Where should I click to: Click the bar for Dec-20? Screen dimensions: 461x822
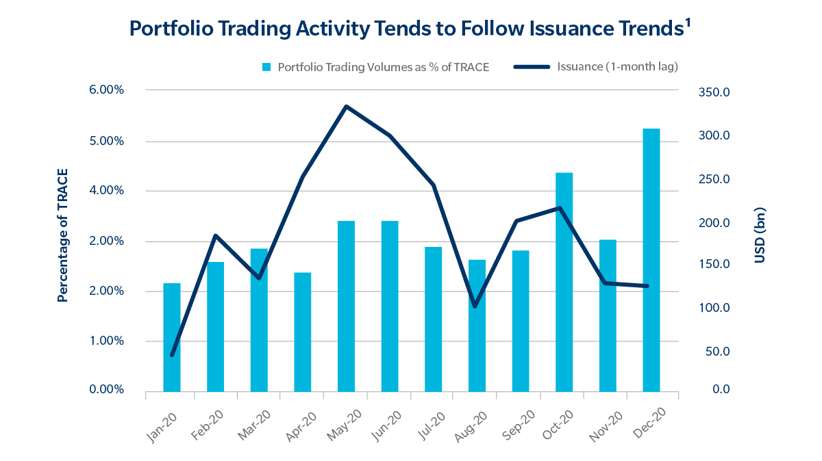pyautogui.click(x=651, y=260)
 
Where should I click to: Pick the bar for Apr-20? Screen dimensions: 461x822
pyautogui.click(x=303, y=332)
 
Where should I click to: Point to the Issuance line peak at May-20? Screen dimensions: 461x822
pyautogui.click(x=347, y=107)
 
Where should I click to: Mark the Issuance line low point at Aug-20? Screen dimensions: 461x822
pyautogui.click(x=475, y=306)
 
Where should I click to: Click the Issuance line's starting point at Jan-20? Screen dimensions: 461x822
pyautogui.click(x=172, y=355)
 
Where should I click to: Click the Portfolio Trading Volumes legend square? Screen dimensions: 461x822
pyautogui.click(x=266, y=67)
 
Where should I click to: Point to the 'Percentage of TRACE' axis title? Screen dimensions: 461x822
pyautogui.click(x=63, y=235)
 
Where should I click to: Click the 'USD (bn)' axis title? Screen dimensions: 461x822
pyautogui.click(x=760, y=235)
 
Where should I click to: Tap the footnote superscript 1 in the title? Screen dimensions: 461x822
pyautogui.click(x=687, y=22)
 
